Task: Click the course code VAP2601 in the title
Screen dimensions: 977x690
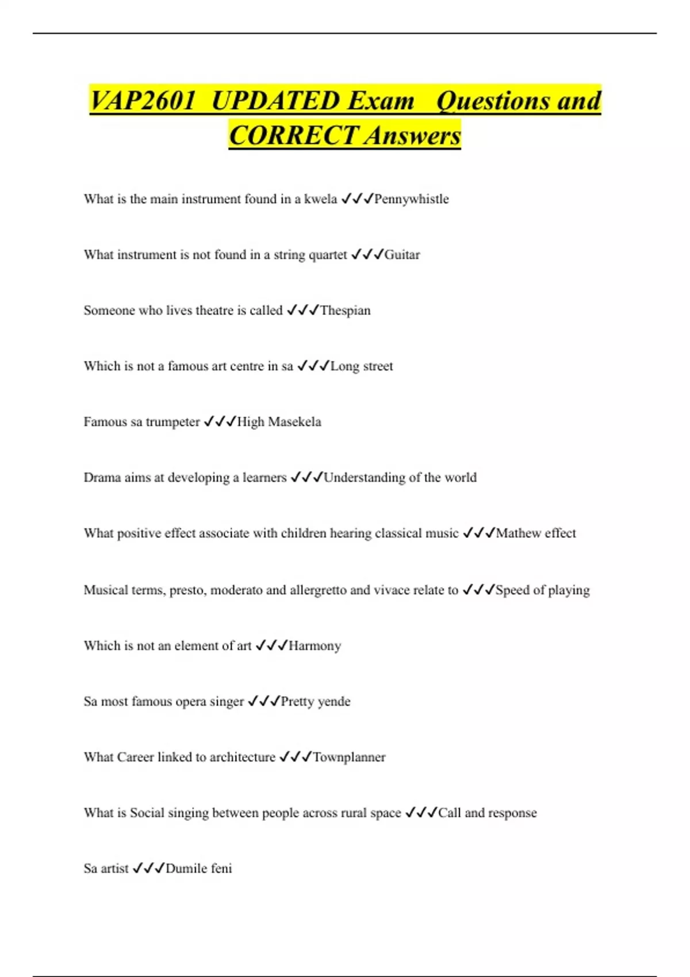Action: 143,101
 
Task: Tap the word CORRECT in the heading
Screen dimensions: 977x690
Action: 293,136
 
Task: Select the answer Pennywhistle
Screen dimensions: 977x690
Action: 411,199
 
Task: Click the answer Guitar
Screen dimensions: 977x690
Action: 402,255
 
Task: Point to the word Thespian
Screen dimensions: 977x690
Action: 345,311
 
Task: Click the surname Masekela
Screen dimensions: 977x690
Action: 294,422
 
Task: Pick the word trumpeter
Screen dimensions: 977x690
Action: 172,422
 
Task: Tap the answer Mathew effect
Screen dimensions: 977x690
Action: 535,534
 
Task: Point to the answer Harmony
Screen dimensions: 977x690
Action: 315,647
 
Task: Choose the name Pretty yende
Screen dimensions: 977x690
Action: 315,702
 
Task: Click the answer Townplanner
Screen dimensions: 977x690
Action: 349,757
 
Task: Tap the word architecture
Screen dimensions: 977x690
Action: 242,757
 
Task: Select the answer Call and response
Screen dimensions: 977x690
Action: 487,813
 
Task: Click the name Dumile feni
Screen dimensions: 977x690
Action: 198,869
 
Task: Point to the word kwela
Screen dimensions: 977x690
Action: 320,199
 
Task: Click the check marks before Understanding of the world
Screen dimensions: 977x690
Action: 306,478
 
